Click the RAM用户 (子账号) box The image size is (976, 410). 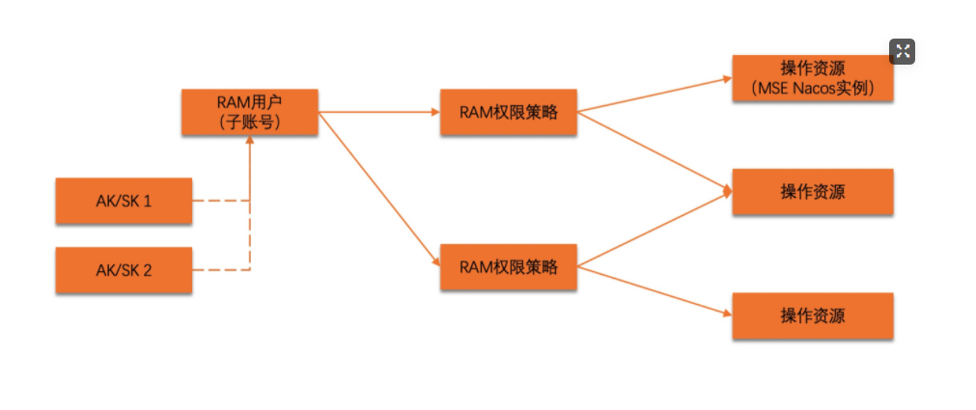tap(249, 112)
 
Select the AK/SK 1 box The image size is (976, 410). tap(124, 202)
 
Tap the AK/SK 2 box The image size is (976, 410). tap(124, 270)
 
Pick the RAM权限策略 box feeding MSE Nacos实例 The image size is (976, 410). tap(509, 113)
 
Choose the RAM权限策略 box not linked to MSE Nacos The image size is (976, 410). tap(509, 267)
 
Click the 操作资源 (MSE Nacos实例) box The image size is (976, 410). tap(812, 78)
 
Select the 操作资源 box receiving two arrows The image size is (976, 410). tap(812, 192)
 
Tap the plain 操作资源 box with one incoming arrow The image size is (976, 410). tap(812, 315)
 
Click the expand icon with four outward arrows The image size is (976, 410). tap(902, 52)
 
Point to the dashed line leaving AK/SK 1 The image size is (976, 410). tap(220, 202)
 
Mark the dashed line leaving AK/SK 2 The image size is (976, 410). tap(220, 270)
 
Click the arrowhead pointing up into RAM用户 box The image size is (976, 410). tap(250, 142)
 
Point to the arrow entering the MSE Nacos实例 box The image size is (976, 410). tap(656, 95)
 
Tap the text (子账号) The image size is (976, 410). tap(249, 122)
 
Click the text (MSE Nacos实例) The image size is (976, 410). tap(812, 88)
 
